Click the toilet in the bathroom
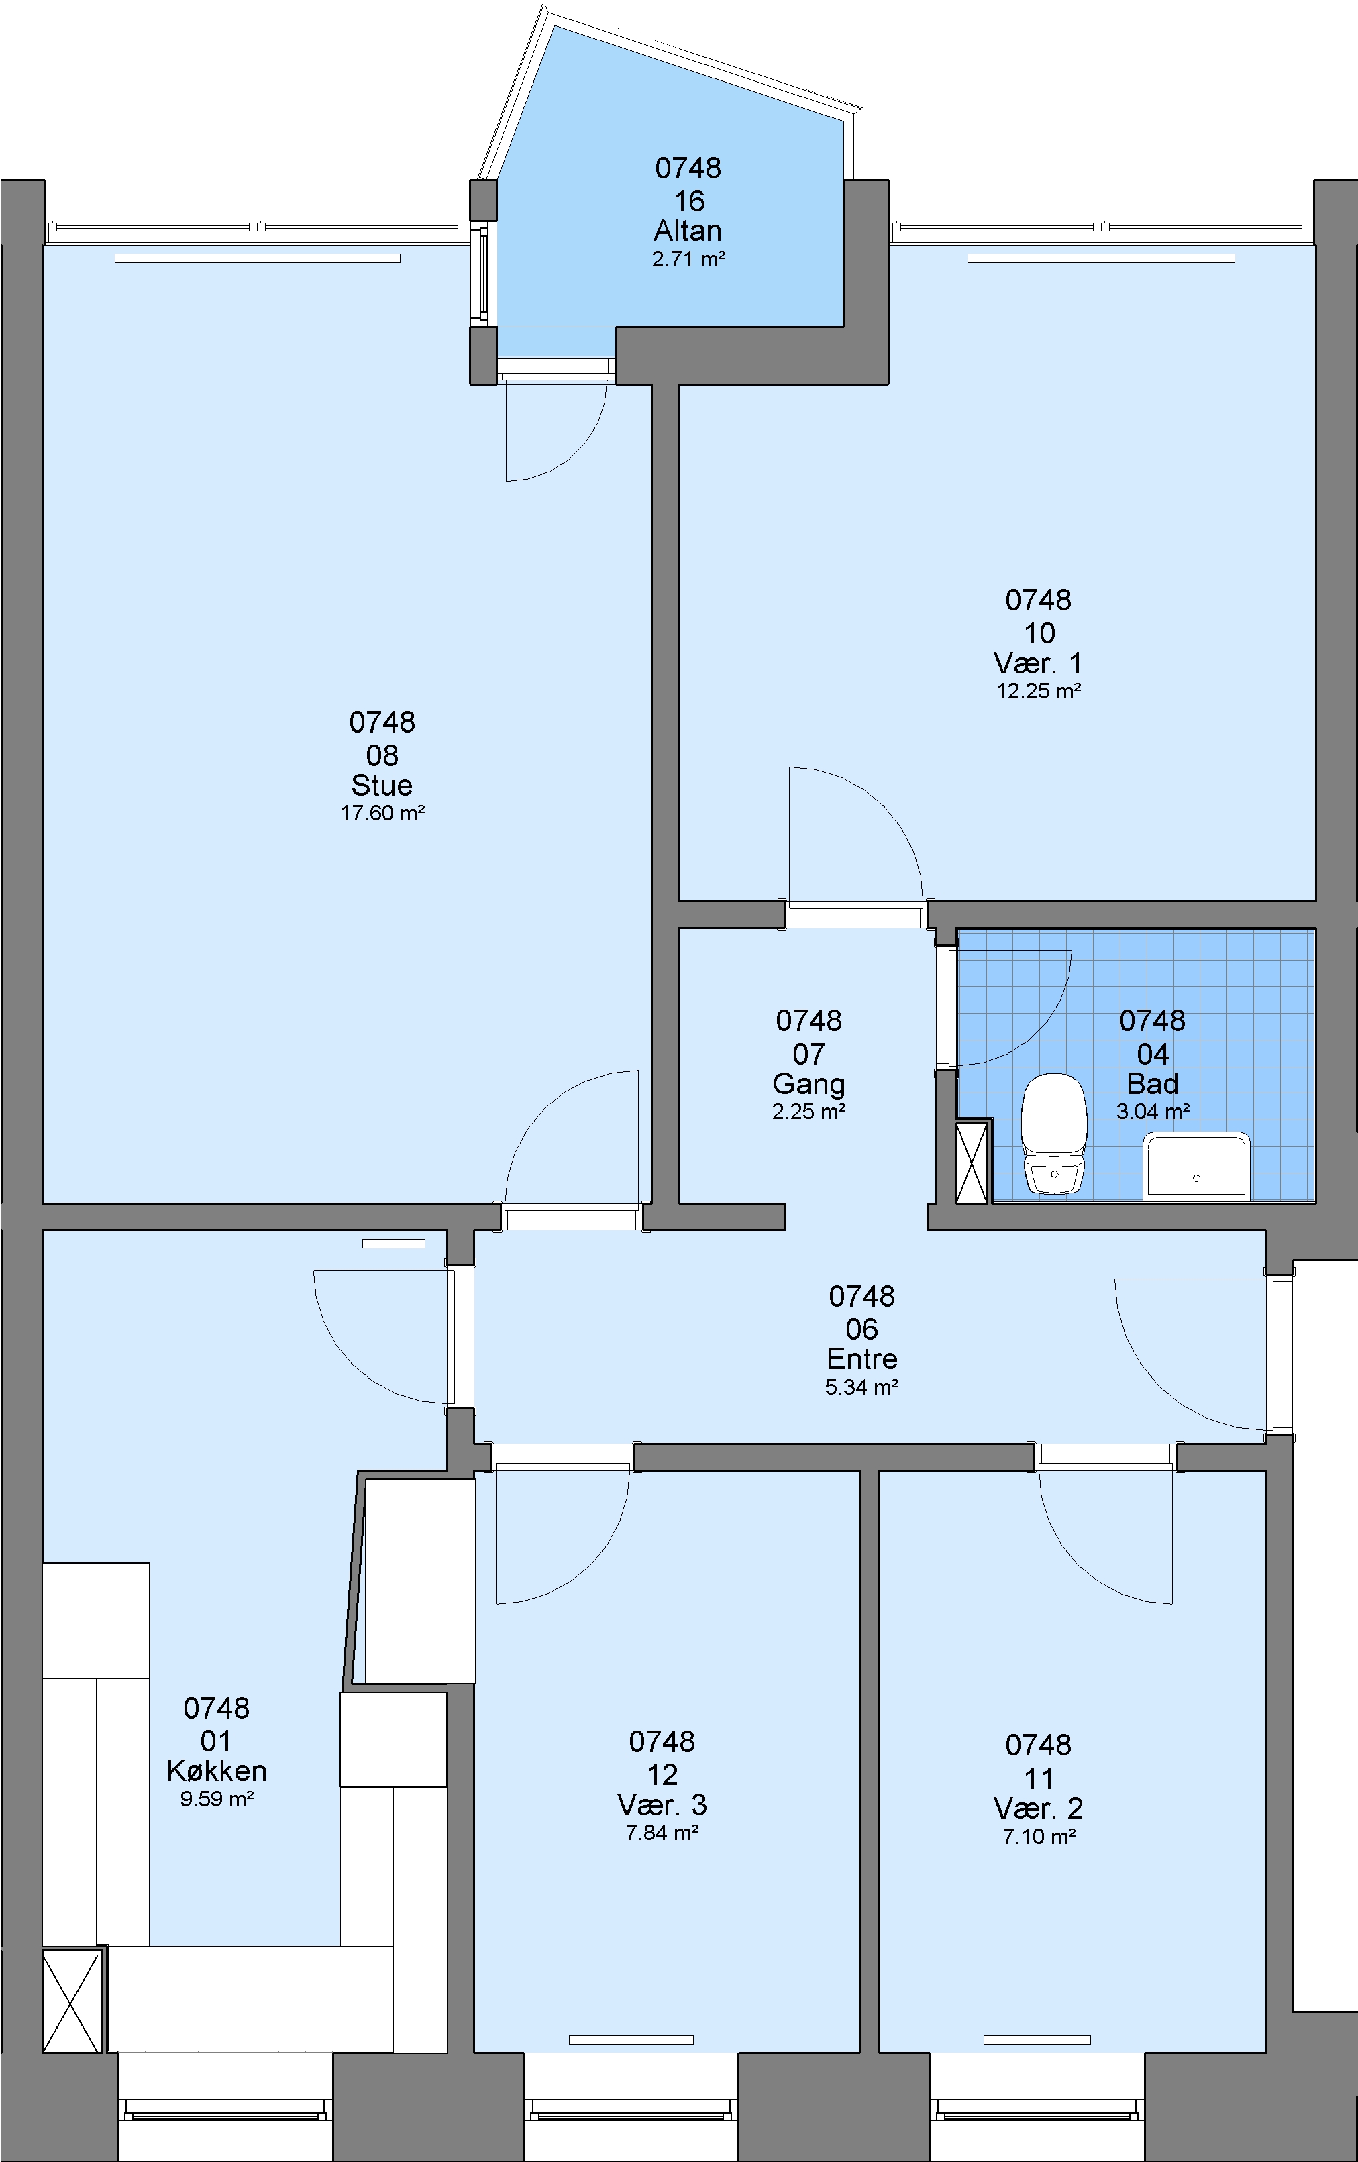click(1055, 1134)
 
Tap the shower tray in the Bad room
click(1196, 1167)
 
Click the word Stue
click(382, 786)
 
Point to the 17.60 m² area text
click(382, 814)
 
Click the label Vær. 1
click(1038, 663)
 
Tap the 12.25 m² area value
click(1038, 692)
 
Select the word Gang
click(808, 1085)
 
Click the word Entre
click(862, 1359)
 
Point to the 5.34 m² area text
click(862, 1387)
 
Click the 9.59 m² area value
click(217, 1799)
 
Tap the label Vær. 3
click(662, 1804)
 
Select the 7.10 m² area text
click(1039, 1837)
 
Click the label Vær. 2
click(1038, 1808)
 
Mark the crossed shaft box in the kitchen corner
click(72, 2001)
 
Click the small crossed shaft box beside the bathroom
click(973, 1162)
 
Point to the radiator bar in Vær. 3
click(631, 2040)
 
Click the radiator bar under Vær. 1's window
click(1101, 258)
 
